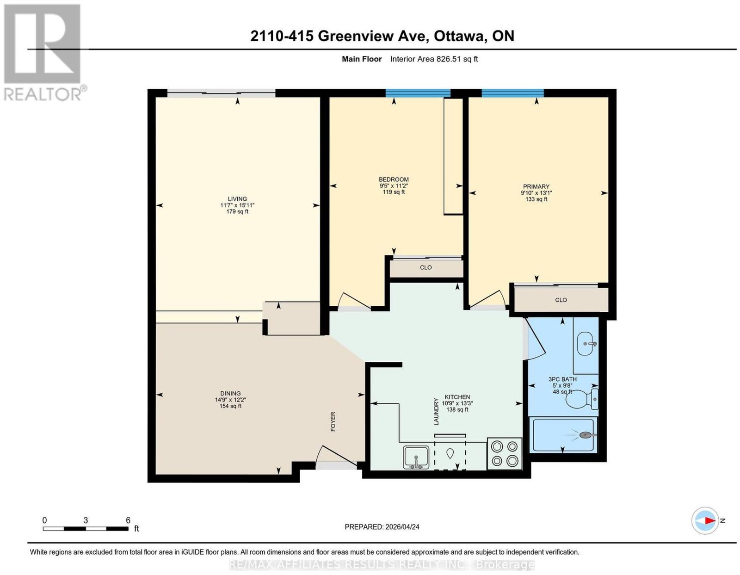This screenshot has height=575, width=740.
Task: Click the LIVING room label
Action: (237, 199)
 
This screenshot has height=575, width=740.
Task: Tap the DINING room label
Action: (230, 393)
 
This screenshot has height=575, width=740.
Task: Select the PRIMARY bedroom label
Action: (536, 186)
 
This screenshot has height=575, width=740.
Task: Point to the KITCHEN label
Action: (457, 397)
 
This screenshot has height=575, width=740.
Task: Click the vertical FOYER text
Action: (333, 422)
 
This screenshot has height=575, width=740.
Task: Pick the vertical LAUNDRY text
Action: (436, 411)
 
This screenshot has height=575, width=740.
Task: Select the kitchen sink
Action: (416, 457)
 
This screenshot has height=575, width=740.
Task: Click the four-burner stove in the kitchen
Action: (505, 453)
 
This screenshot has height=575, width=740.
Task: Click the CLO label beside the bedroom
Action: (425, 267)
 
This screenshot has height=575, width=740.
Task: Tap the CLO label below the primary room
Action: (561, 300)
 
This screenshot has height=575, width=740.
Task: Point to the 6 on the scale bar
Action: (128, 520)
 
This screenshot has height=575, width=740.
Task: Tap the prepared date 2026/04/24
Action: (402, 527)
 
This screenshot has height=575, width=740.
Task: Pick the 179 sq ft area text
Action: (237, 211)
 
